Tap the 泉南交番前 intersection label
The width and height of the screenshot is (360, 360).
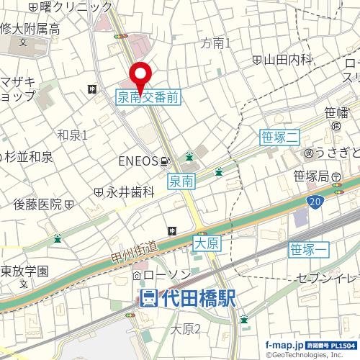coord(148,96)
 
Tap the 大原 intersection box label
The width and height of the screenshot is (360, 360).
coord(207,245)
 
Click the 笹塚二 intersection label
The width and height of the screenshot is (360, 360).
coord(278,137)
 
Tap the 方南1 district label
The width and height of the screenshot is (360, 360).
coord(217,43)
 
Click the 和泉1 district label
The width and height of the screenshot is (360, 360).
coord(72,135)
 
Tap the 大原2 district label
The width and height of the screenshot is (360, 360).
coord(186,329)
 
